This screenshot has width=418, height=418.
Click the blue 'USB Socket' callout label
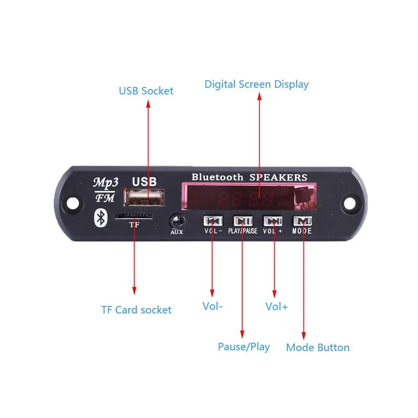146,91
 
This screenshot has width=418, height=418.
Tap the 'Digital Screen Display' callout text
256,84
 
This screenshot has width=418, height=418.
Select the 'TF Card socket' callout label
136,310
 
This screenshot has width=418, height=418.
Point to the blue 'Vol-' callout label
212,306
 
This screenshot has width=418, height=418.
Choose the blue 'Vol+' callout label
277,307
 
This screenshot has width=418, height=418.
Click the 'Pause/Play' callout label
244,347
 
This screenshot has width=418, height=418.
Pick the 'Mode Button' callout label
318,348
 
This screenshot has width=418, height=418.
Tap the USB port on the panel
144,197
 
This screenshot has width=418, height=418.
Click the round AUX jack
176,221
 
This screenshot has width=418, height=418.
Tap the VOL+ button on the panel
273,221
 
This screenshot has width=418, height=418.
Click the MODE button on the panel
302,221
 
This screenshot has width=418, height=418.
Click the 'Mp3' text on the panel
105,182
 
